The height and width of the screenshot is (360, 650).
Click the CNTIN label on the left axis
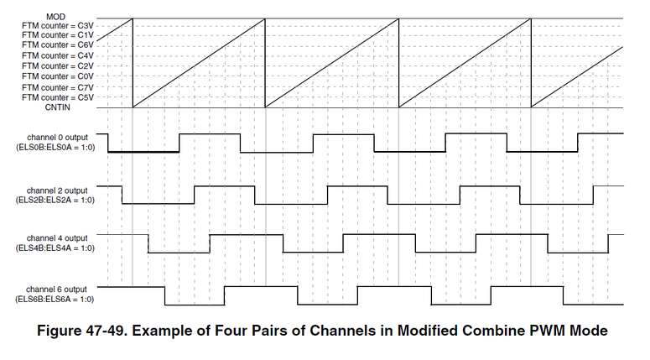[x=78, y=107]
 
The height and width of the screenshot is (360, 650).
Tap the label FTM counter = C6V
[x=58, y=45]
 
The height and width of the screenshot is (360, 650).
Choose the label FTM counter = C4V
[x=58, y=55]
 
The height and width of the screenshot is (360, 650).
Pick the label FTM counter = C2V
[x=58, y=65]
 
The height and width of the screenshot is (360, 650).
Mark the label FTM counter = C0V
[x=58, y=76]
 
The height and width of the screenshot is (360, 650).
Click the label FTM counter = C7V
[x=58, y=87]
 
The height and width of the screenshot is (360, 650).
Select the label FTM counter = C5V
[x=58, y=97]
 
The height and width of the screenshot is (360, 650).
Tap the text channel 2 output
[x=57, y=189]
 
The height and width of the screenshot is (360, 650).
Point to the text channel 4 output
[x=57, y=238]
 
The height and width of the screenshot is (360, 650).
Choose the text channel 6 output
[x=57, y=289]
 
